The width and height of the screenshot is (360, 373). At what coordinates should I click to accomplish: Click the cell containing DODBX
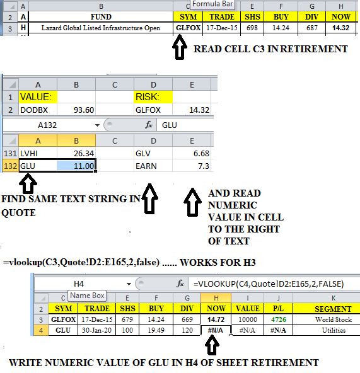pos(38,110)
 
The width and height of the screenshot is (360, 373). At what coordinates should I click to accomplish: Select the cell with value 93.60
pos(76,110)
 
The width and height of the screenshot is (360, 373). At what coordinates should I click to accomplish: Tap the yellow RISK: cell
pos(153,97)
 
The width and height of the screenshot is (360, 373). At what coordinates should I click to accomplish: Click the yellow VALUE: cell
pos(38,97)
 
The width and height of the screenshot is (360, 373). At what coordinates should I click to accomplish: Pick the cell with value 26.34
pos(76,154)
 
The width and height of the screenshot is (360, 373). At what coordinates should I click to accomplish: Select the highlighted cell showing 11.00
pos(76,166)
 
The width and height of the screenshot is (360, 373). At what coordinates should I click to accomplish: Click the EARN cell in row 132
pos(153,166)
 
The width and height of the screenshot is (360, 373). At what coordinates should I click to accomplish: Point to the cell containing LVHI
pos(38,154)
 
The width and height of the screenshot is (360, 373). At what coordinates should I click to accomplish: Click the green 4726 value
pos(278,319)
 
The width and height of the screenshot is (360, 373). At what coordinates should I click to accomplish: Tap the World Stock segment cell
pos(334,319)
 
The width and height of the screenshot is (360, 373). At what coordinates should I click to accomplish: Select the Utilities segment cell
pos(334,330)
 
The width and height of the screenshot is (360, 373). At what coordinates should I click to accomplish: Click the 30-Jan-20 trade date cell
pos(96,330)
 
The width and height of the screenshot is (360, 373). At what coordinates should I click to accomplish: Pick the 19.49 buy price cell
pos(156,330)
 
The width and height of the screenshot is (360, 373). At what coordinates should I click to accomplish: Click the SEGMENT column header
pos(334,309)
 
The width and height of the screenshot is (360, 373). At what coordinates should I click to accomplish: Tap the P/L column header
pos(278,309)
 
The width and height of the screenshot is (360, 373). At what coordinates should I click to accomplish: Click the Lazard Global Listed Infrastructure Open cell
pos(101,28)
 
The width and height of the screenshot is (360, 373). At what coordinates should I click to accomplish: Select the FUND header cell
pos(101,17)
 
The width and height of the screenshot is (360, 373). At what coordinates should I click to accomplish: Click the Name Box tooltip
pos(87,296)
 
